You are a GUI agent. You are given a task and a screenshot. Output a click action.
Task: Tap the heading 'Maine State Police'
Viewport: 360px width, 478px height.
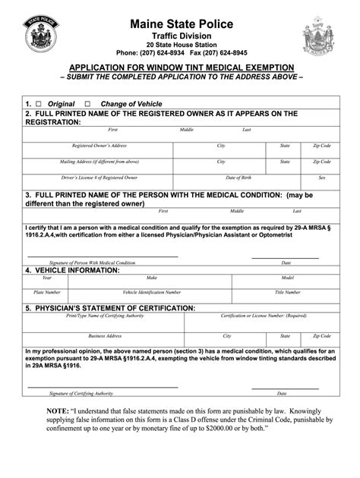[x=180, y=25]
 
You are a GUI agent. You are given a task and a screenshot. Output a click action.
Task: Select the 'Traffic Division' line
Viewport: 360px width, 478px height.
[x=180, y=37]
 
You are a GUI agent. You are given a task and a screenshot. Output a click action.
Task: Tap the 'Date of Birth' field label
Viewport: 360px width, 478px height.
[x=220, y=178]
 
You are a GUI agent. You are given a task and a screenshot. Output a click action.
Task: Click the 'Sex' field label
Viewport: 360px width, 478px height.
[x=322, y=178]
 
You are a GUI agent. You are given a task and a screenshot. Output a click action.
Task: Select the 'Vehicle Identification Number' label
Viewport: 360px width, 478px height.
[x=152, y=292]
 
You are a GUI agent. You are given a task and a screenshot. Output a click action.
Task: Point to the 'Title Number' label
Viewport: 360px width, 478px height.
[x=288, y=292]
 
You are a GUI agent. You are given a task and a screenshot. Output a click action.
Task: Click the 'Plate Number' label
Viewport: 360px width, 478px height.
[x=47, y=292]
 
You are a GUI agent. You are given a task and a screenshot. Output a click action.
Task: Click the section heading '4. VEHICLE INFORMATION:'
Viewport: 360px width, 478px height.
[x=72, y=270]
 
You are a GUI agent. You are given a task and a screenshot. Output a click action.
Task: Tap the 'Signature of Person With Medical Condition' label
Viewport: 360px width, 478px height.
[x=92, y=263]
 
